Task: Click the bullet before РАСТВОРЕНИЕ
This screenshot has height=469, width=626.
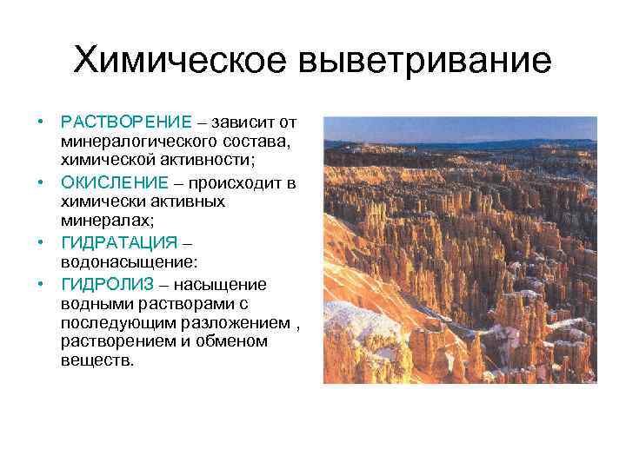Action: click(40, 121)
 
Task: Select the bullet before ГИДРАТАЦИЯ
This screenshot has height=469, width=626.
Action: click(40, 242)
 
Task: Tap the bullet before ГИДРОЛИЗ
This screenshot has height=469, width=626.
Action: click(40, 284)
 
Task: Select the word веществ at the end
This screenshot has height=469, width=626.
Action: click(97, 360)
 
